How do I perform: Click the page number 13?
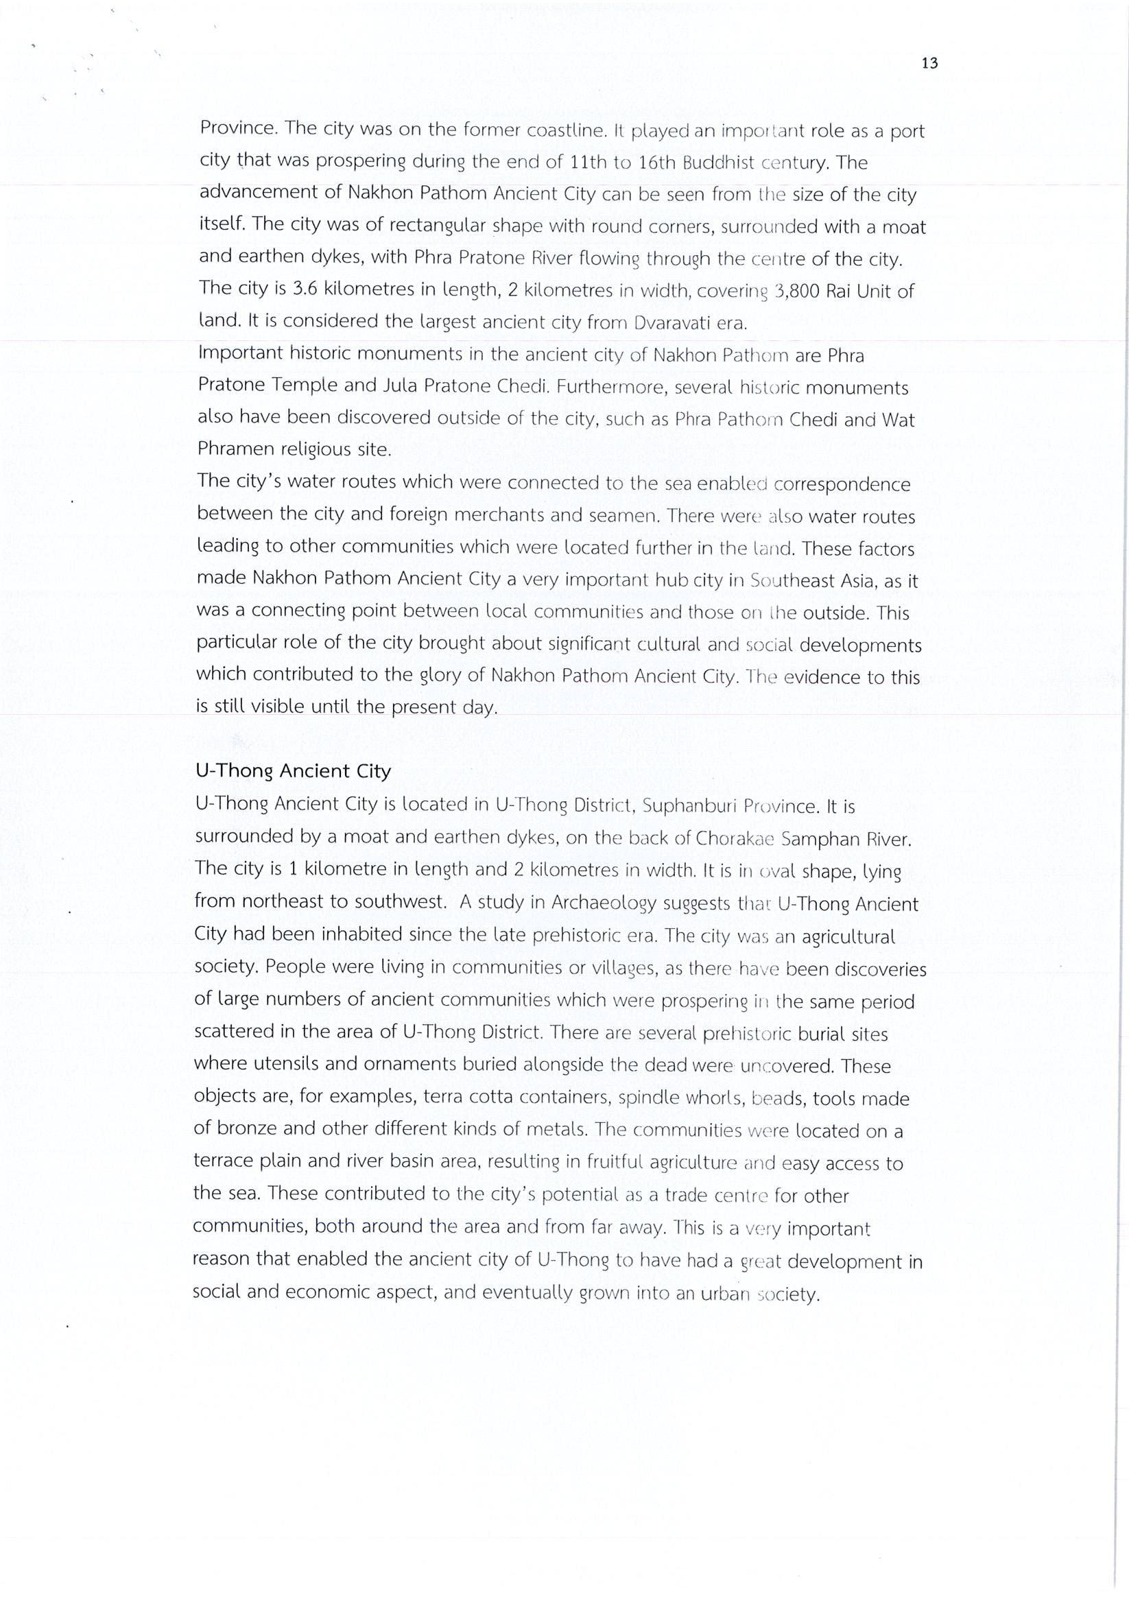point(929,63)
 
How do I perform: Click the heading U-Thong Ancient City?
point(292,771)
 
